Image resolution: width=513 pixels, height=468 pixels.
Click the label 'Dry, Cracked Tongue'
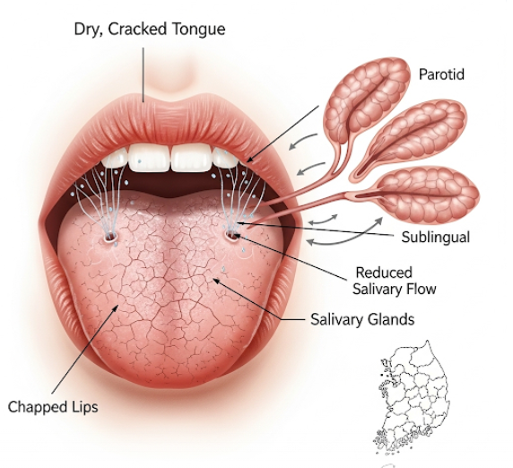point(150,30)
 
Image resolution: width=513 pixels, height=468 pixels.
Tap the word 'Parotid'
point(441,74)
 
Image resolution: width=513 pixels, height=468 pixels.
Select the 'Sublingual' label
point(436,237)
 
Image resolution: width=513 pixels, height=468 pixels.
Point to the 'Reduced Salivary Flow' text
point(395,281)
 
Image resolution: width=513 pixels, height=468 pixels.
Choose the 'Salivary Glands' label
point(362,319)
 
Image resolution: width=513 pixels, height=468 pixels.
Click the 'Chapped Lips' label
point(53,407)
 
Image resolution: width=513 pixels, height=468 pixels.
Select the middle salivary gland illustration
point(409,137)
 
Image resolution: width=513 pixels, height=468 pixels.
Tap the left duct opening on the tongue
point(110,236)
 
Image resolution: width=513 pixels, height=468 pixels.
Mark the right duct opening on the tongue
point(232,236)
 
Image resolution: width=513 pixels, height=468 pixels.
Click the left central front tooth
point(149,158)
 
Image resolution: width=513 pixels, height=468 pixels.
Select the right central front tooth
point(192,158)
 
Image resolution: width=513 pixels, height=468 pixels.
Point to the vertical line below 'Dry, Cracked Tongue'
point(143,74)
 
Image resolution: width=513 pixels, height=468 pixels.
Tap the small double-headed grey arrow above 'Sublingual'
point(323,220)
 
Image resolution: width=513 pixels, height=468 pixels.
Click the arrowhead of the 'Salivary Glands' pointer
point(216,281)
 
